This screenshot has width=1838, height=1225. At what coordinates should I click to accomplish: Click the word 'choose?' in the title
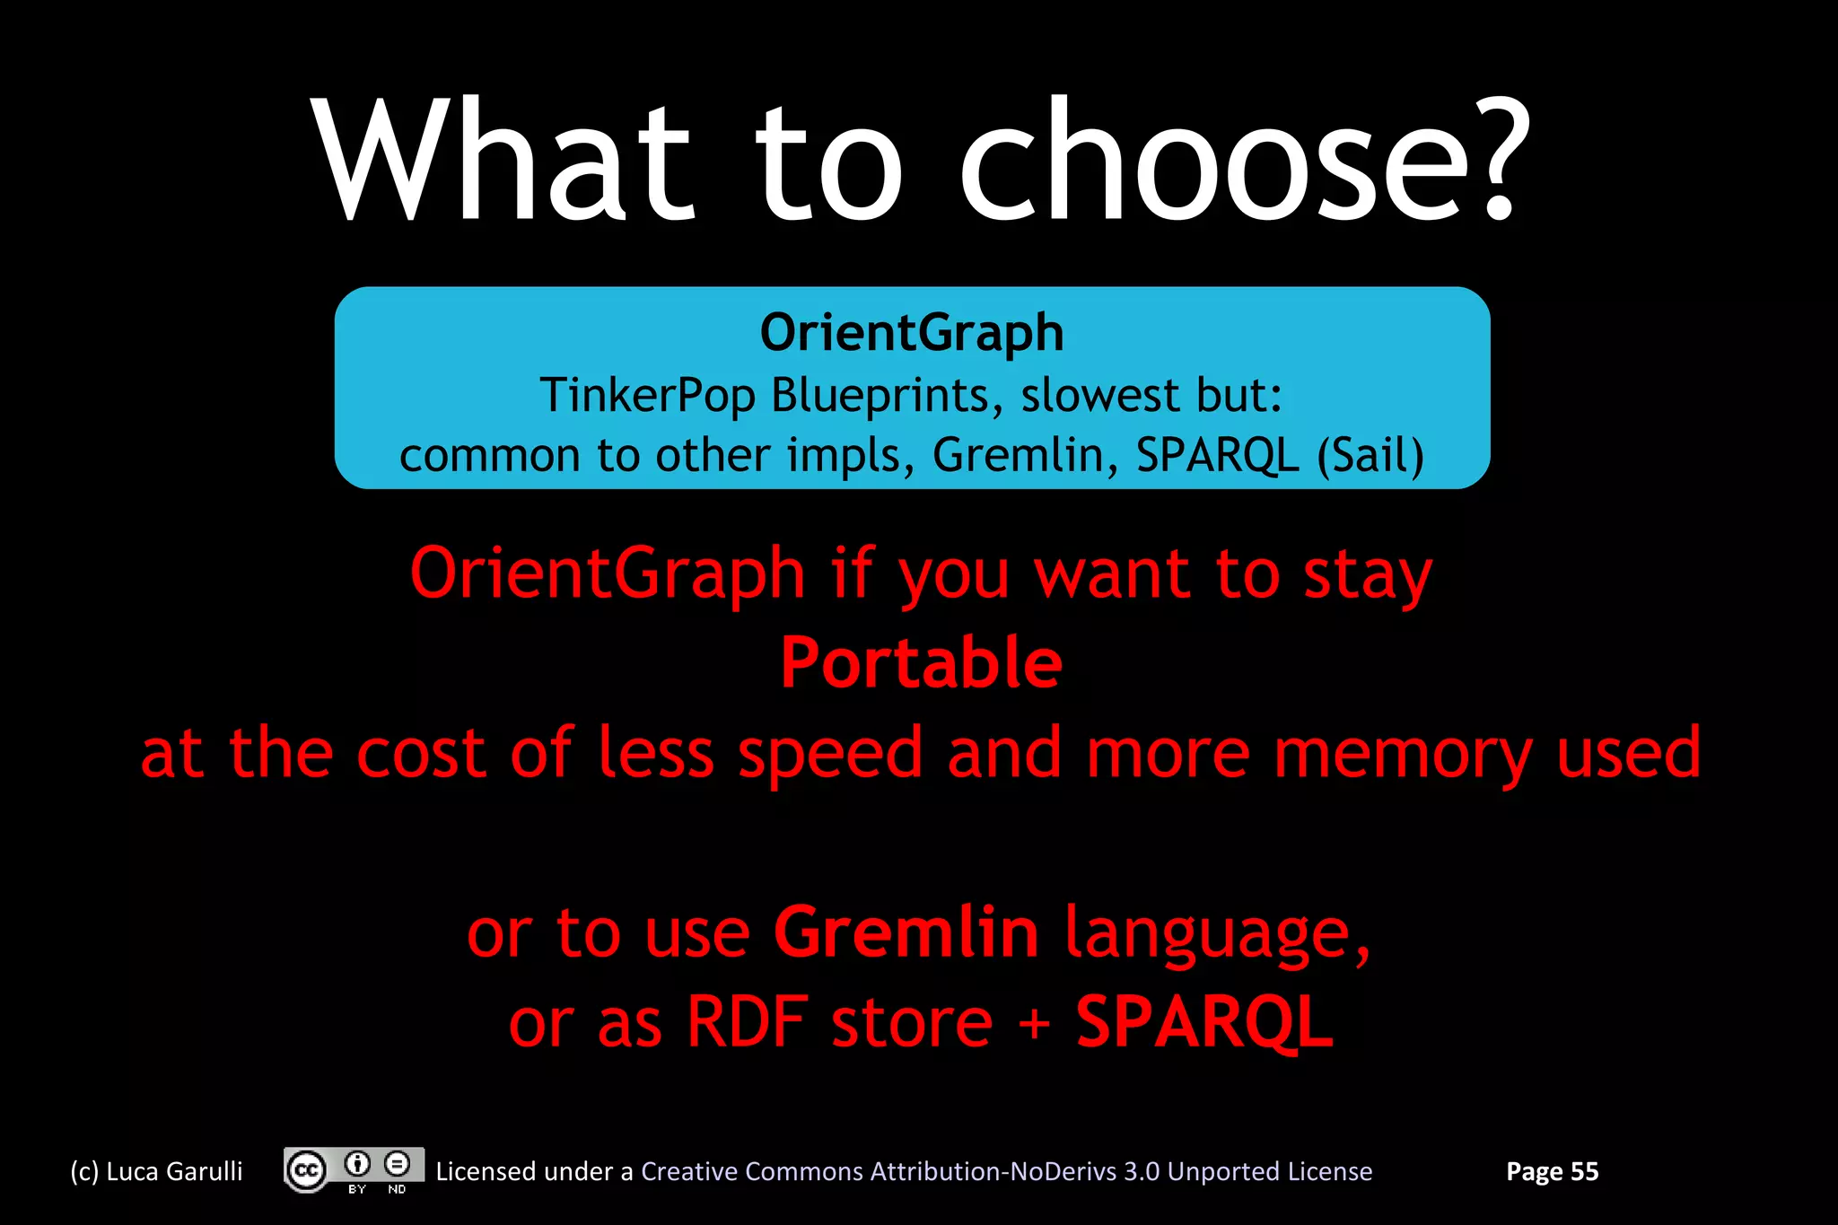point(1244,162)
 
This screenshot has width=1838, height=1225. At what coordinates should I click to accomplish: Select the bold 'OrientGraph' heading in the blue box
point(912,333)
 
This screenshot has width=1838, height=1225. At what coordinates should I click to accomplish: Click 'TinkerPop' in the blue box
point(647,396)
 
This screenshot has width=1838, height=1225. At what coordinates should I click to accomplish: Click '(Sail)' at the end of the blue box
point(1370,455)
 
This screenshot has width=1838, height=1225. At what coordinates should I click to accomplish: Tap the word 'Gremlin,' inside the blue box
point(1026,455)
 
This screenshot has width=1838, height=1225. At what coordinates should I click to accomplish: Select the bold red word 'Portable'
point(921,663)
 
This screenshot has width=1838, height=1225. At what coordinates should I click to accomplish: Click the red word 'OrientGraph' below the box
point(607,574)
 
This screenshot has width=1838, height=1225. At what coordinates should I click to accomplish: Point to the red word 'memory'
point(1403,754)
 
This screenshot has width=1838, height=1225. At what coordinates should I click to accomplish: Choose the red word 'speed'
point(830,754)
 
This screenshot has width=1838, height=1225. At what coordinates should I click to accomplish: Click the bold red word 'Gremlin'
point(906,932)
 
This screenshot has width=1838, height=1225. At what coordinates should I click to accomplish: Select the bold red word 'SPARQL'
point(1204,1022)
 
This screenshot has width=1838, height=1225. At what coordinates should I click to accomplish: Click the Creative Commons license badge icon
point(354,1170)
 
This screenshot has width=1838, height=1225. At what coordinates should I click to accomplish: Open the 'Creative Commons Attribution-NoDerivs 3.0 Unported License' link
point(1006,1171)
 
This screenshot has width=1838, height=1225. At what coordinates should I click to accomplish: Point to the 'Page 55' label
point(1552,1171)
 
